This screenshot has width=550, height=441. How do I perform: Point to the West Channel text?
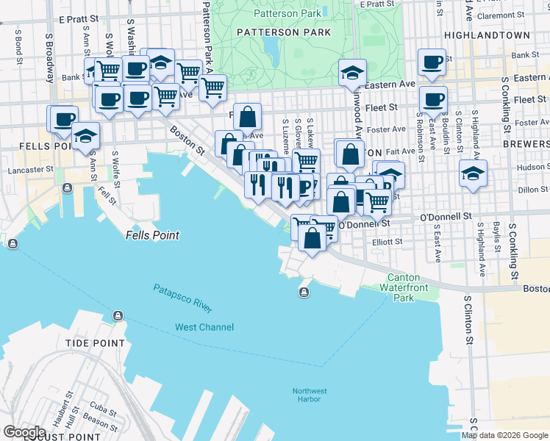[204, 327]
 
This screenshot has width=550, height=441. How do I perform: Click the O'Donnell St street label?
[445, 217]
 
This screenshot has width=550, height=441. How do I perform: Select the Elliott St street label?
[387, 241]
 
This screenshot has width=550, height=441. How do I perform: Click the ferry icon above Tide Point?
[118, 316]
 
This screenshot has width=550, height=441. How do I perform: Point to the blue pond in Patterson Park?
[271, 49]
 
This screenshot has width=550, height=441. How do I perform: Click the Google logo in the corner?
[24, 432]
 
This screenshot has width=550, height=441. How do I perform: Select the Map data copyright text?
[504, 435]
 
